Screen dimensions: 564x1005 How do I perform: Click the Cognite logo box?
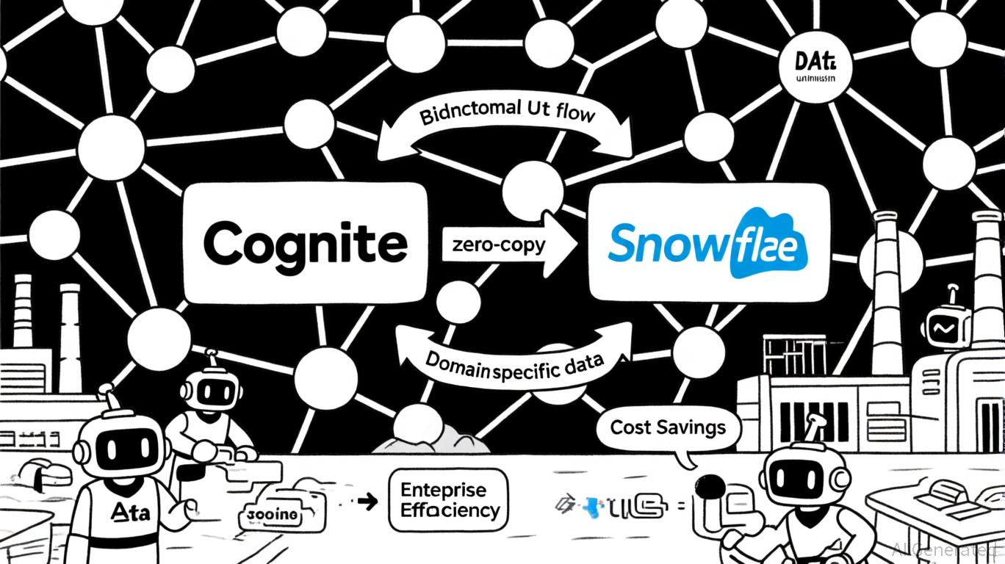[304, 242]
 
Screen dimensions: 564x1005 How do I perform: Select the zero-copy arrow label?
[494, 245]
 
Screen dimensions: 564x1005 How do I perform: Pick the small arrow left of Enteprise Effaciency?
[364, 502]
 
